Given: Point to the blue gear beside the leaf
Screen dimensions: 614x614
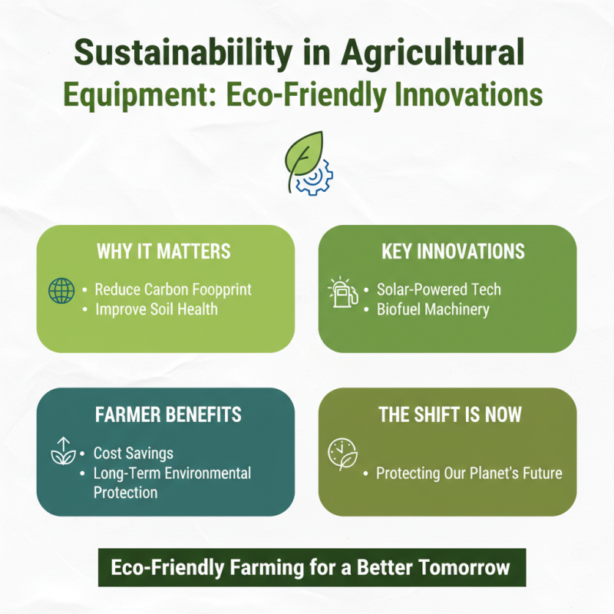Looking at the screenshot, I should [x=314, y=177].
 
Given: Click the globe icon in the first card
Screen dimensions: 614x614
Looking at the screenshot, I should [x=61, y=291].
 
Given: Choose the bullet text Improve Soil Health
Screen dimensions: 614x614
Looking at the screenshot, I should [x=156, y=309].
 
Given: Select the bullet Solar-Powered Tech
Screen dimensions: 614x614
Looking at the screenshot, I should [x=438, y=289].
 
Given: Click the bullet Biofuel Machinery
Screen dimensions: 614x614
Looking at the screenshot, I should [x=433, y=309].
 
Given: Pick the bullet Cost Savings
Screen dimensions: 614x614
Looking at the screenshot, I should [x=134, y=454].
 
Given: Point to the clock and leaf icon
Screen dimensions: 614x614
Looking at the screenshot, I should [x=342, y=454].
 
